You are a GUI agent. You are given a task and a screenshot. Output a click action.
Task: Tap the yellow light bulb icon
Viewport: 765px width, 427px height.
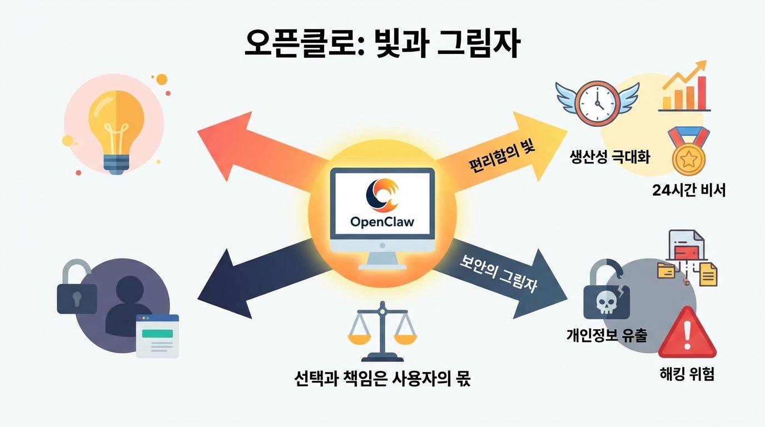[116, 131]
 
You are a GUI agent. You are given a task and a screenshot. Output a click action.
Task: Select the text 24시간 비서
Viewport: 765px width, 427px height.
[689, 191]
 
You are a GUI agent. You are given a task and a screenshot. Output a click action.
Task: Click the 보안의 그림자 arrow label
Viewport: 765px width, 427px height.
[499, 274]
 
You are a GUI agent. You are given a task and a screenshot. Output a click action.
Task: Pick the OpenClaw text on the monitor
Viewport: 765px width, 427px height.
[382, 221]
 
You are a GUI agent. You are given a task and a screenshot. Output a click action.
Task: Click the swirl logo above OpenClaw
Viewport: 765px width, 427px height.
[382, 195]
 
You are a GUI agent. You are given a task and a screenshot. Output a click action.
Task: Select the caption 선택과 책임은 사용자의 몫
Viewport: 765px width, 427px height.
[381, 379]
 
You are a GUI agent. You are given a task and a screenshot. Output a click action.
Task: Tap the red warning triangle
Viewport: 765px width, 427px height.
[688, 334]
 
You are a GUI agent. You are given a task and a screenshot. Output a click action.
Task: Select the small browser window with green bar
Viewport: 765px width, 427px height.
[158, 336]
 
